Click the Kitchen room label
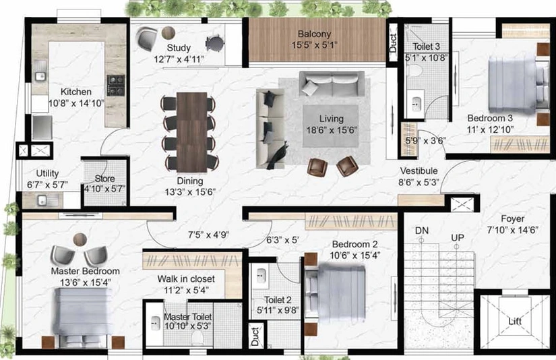[76, 92]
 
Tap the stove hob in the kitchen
[116, 85]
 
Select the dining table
[191, 132]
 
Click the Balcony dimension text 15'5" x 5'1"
[315, 45]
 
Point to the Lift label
[514, 322]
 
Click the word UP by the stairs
[458, 237]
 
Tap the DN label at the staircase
[422, 231]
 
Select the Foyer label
[512, 219]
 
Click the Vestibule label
[419, 171]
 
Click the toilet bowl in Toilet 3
[414, 70]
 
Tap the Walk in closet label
[186, 279]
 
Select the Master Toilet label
[188, 316]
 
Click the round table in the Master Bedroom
[80, 239]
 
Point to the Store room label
[104, 179]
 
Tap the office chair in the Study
[215, 43]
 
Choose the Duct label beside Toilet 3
[393, 43]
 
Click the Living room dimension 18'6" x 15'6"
[332, 130]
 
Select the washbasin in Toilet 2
[261, 276]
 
